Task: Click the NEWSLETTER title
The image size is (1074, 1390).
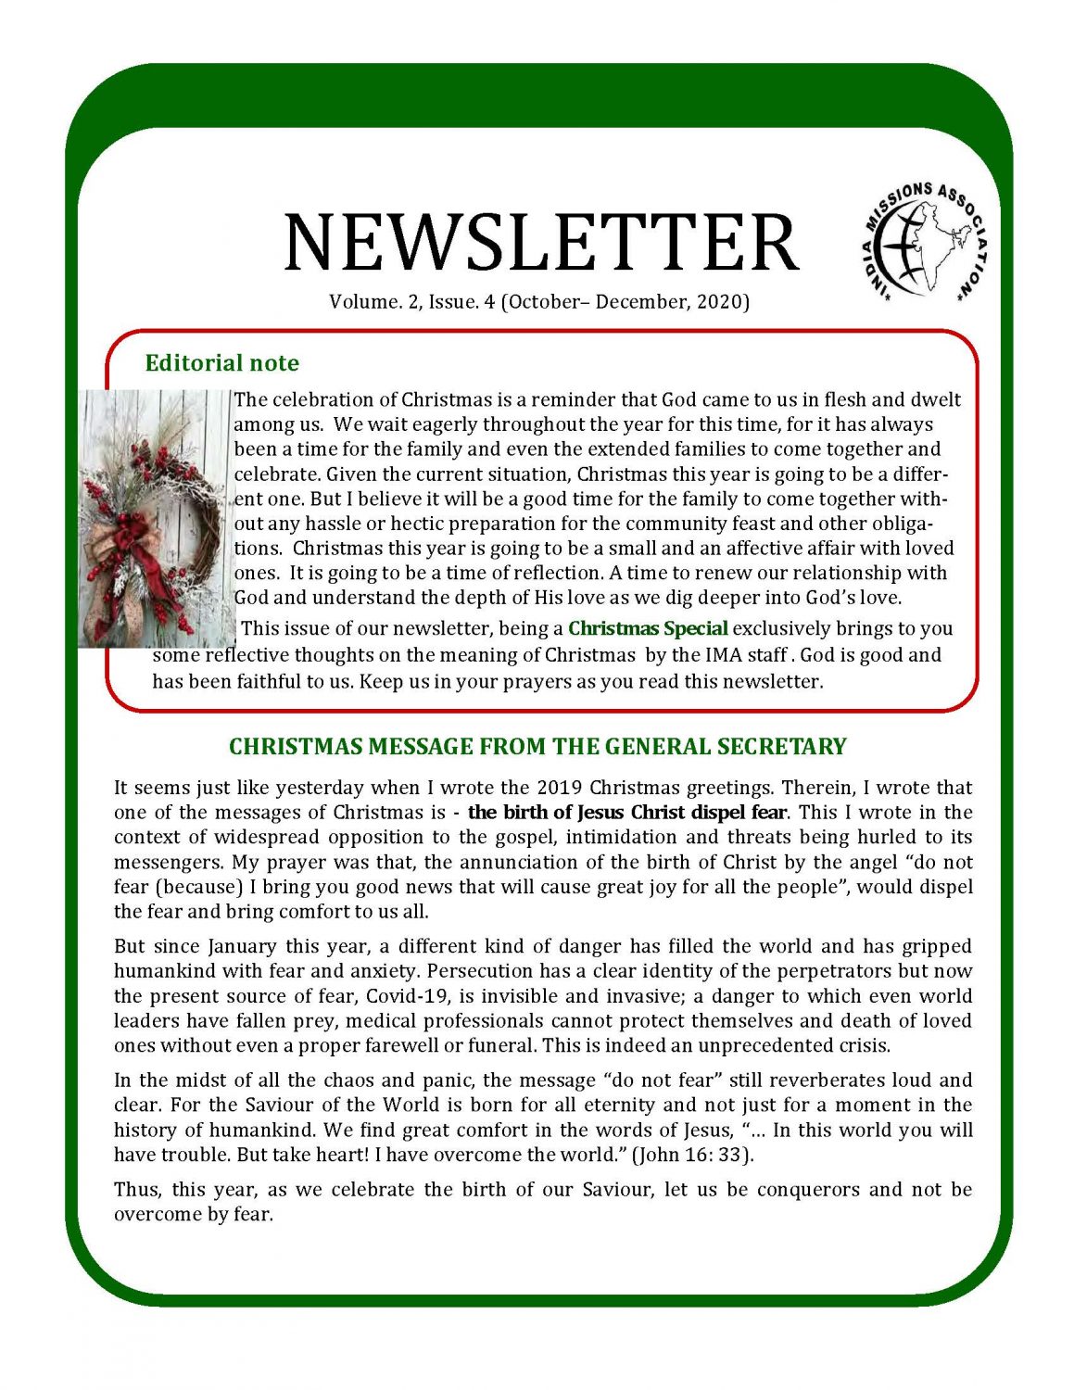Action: coord(541,243)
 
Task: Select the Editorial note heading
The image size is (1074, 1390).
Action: coord(221,362)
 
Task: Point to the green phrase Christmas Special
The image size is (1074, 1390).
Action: coord(648,628)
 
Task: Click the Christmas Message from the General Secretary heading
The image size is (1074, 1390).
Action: coord(537,747)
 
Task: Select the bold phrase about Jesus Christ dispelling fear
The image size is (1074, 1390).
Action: coord(627,813)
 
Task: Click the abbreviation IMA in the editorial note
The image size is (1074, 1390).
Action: coord(724,655)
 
